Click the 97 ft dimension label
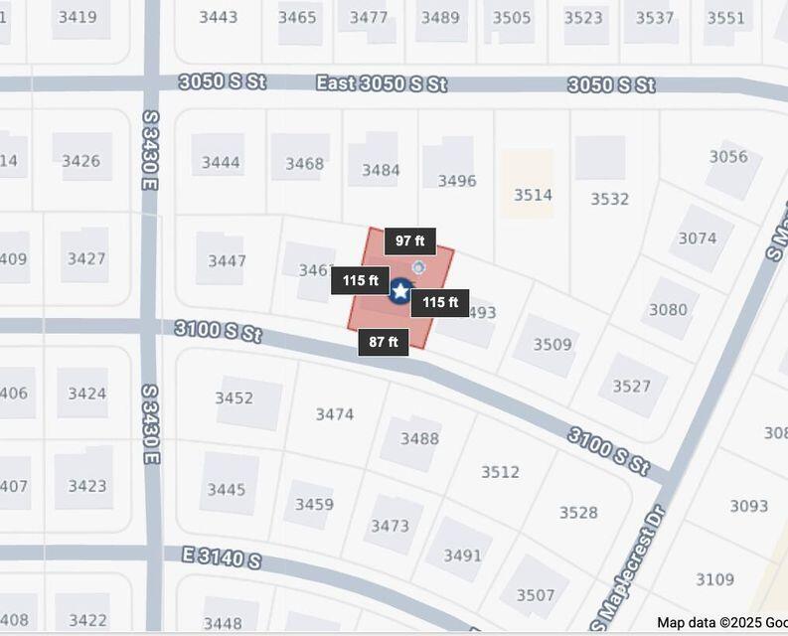click(409, 241)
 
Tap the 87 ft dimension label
click(384, 343)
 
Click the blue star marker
click(399, 291)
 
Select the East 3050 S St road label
click(381, 83)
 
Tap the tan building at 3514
click(528, 185)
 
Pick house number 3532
click(609, 199)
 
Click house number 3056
click(728, 157)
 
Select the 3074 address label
click(698, 238)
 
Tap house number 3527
click(632, 387)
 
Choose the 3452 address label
click(235, 398)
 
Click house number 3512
click(500, 472)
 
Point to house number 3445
click(227, 490)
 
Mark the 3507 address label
click(535, 595)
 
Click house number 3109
click(714, 579)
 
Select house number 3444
click(221, 163)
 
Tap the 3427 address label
click(86, 259)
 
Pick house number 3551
click(725, 18)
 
